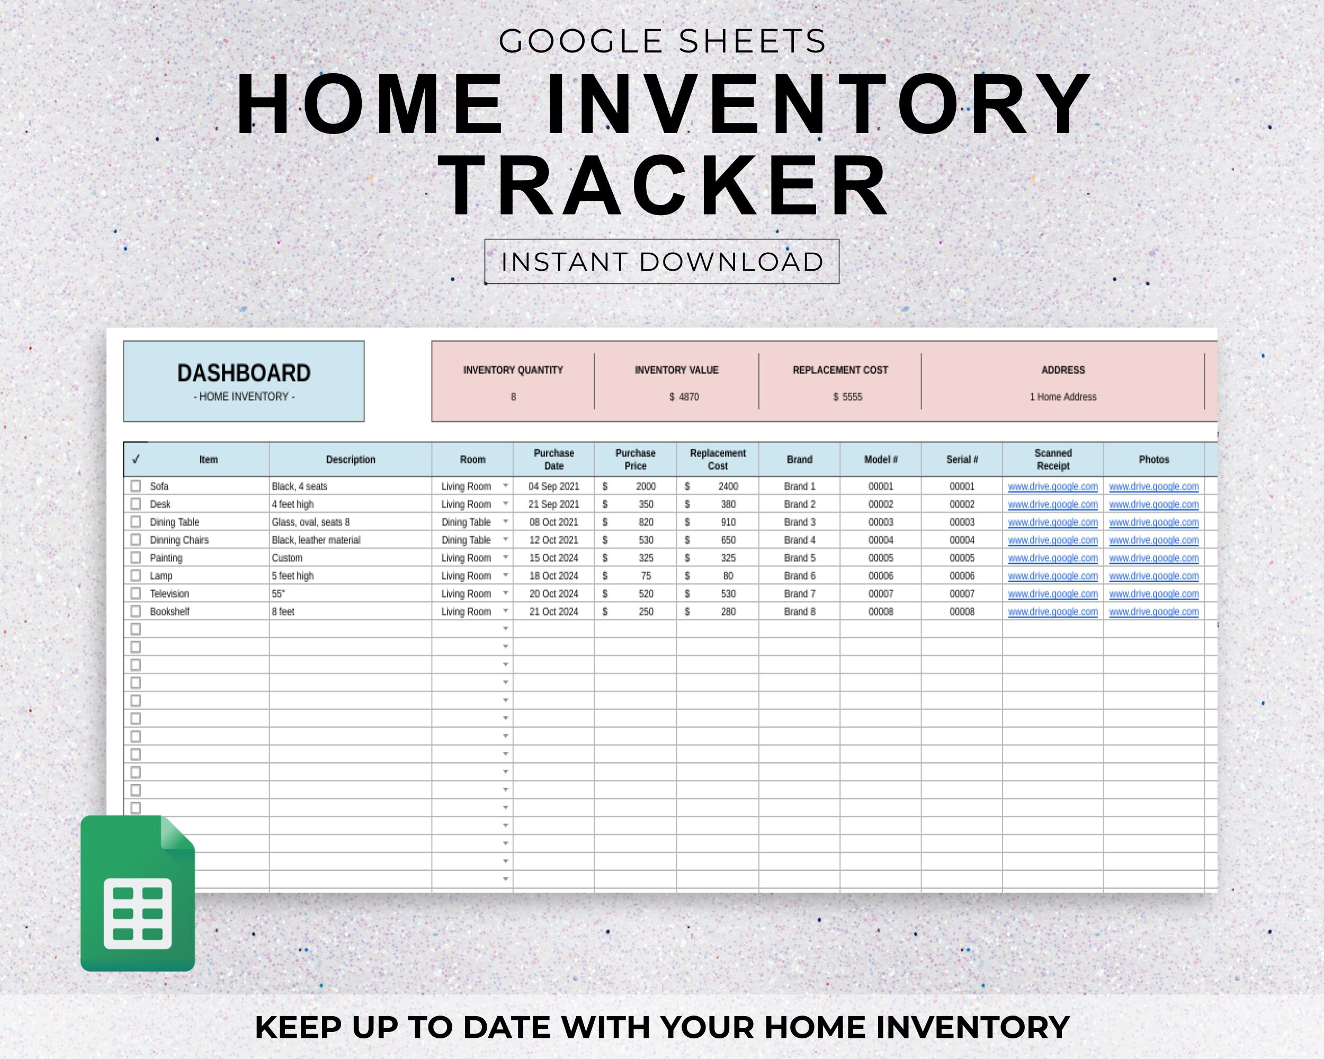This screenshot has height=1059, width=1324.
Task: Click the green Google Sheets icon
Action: [x=138, y=894]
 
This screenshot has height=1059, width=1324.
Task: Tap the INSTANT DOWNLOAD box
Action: [x=661, y=262]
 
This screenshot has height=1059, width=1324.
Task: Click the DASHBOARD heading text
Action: [x=244, y=373]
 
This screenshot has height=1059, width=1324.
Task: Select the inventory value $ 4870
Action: [x=684, y=397]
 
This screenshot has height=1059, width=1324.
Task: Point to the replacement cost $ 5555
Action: [x=847, y=397]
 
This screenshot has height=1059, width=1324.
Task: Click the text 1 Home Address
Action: [x=1062, y=397]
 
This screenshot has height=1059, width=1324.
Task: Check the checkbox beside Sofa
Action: [x=136, y=486]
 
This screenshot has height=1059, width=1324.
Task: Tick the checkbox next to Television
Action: [x=136, y=593]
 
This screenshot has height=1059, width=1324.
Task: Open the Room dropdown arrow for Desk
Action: [x=505, y=504]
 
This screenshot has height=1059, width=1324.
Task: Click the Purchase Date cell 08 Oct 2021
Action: [x=553, y=522]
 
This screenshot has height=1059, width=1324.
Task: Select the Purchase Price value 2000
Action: [x=646, y=486]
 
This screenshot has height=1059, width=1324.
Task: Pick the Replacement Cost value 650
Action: [x=728, y=540]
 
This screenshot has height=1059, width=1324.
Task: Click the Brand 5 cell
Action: [x=800, y=558]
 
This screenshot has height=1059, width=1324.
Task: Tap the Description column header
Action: [x=350, y=459]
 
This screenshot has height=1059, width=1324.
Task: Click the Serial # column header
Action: [x=962, y=459]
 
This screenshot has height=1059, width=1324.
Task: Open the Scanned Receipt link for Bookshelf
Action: [x=1052, y=612]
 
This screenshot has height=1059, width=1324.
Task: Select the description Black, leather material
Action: [x=316, y=540]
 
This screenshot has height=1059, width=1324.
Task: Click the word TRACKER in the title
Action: [x=663, y=186]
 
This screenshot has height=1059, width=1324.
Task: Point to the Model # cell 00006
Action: [x=880, y=575]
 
